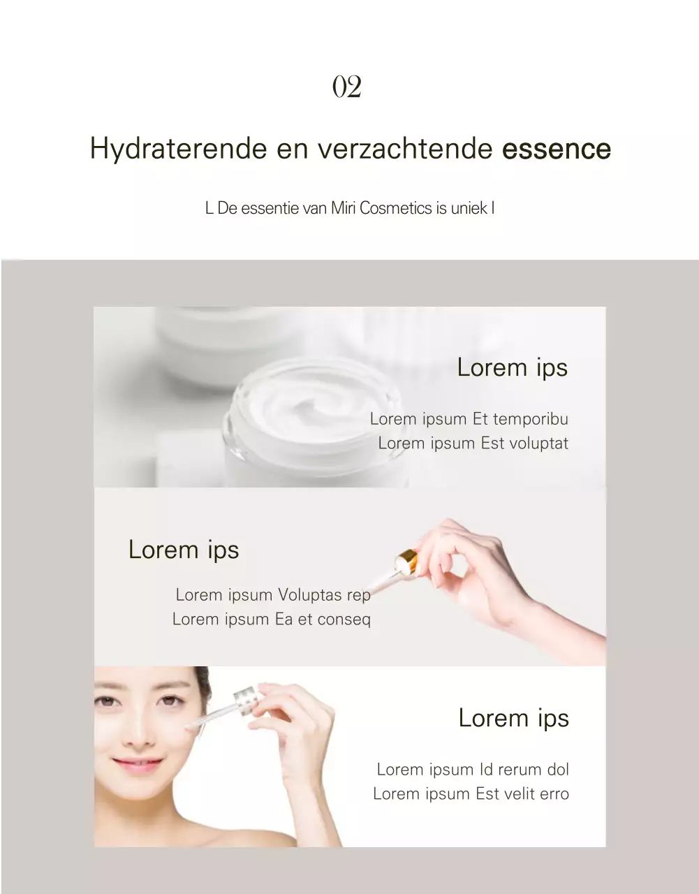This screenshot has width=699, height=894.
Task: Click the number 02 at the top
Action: click(346, 87)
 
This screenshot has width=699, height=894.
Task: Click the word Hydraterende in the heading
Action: click(178, 149)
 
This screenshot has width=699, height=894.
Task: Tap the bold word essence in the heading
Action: click(557, 149)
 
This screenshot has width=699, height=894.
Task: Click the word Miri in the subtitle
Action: click(343, 208)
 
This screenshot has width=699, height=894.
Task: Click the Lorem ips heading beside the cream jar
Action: click(512, 367)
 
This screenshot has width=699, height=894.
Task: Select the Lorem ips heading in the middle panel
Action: click(184, 550)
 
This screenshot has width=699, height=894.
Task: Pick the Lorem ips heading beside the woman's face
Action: click(513, 718)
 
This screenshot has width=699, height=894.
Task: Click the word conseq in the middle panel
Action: click(344, 620)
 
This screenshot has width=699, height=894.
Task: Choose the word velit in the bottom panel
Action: click(519, 794)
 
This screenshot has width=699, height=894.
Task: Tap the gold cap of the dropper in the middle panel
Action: click(406, 559)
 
